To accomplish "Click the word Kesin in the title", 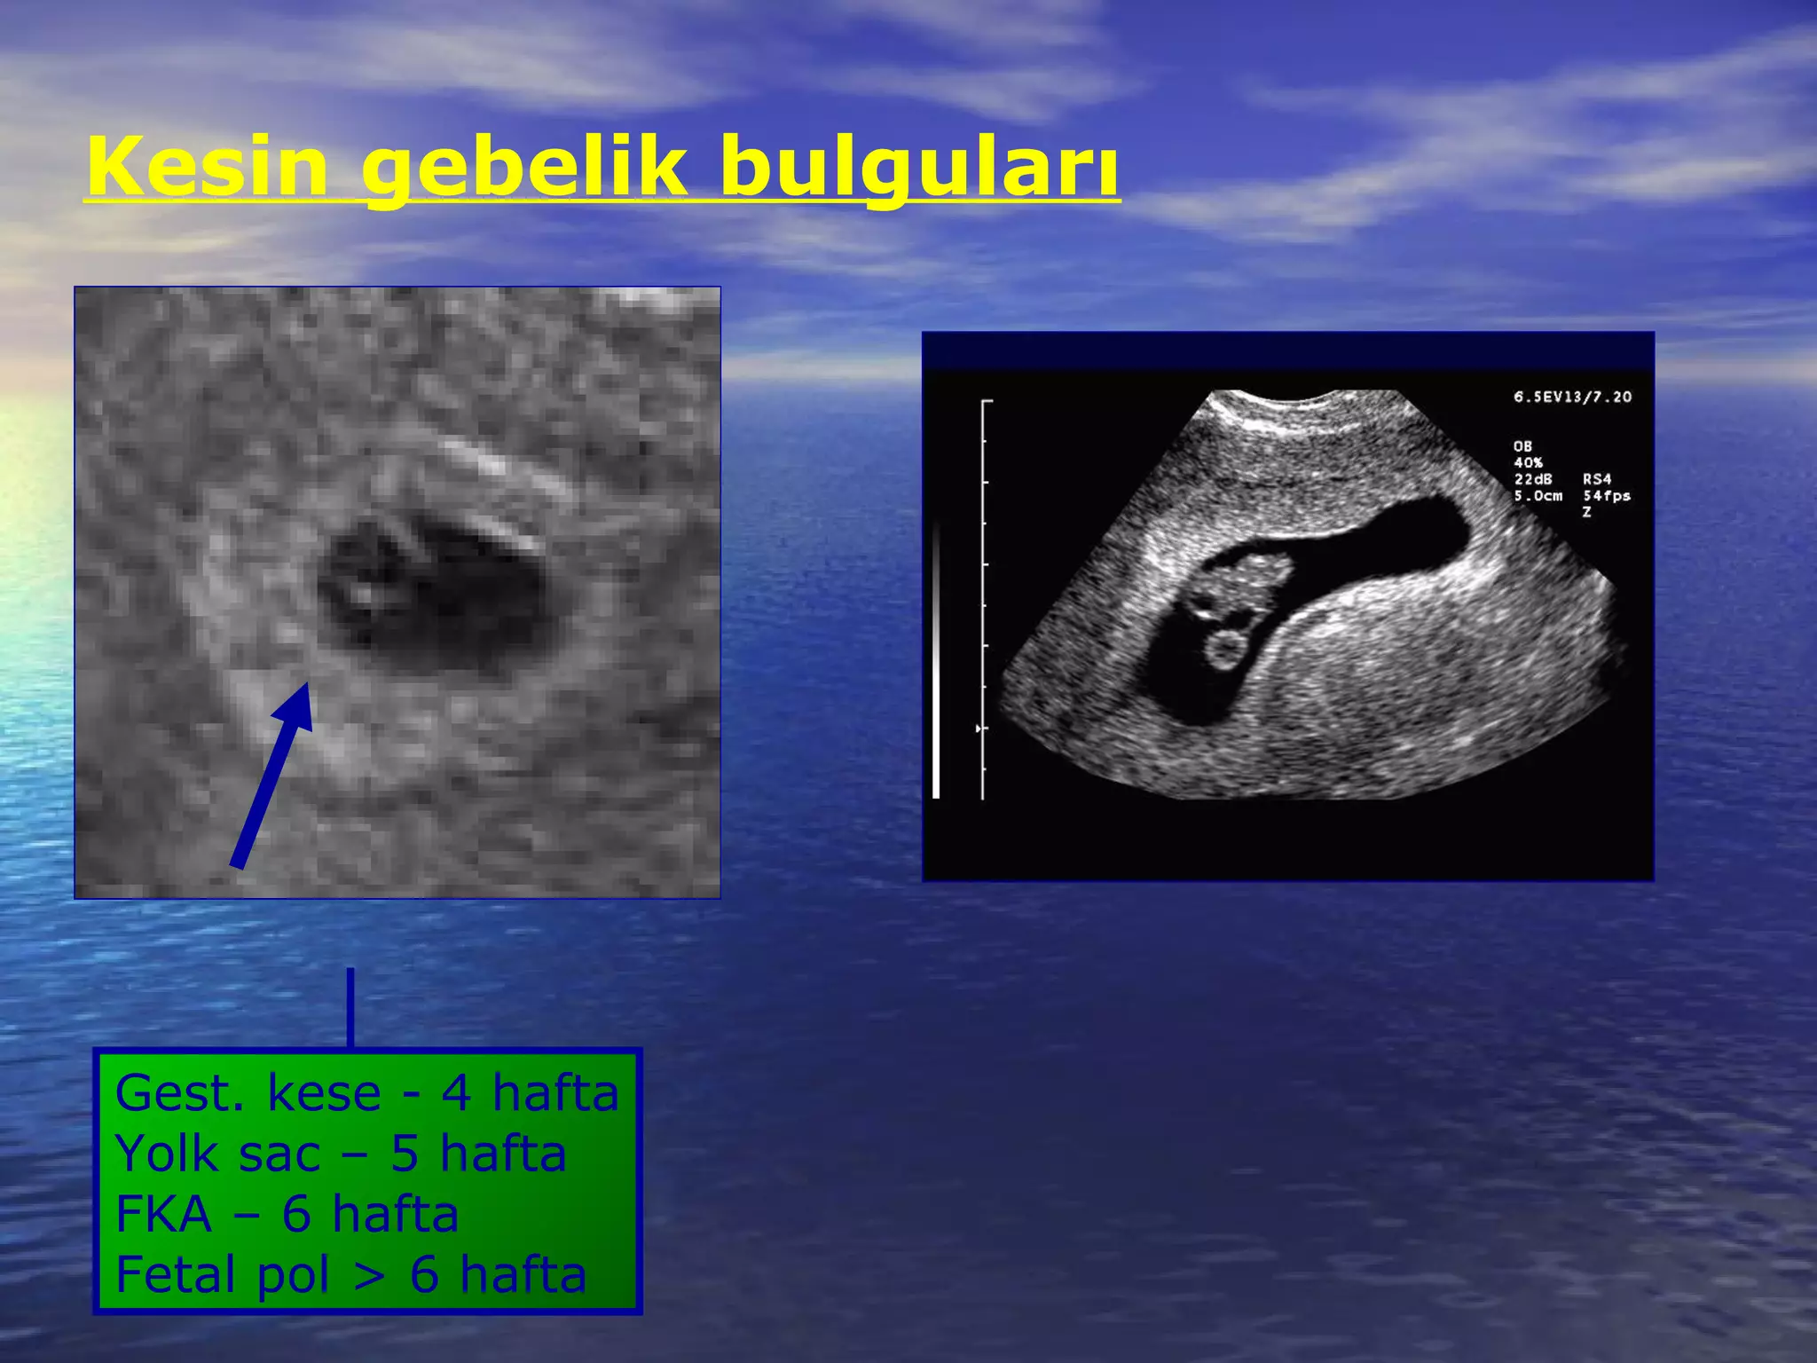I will click(x=208, y=167).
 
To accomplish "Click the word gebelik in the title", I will click(x=523, y=169).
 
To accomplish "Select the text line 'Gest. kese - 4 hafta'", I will click(x=366, y=1093).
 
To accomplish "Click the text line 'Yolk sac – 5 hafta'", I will click(x=341, y=1154).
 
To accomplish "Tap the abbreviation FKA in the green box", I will click(x=164, y=1214).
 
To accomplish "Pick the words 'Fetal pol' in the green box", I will click(x=222, y=1275).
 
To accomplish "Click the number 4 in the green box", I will click(x=456, y=1093).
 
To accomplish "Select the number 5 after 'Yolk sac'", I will click(x=405, y=1154).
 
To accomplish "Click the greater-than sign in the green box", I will click(x=369, y=1276).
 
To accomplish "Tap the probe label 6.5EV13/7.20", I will click(x=1572, y=397).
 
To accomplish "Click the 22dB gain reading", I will click(x=1532, y=479).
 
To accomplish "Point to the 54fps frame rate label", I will click(x=1606, y=496).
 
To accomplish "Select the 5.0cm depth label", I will click(x=1538, y=496).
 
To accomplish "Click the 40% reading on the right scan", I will click(x=1528, y=462).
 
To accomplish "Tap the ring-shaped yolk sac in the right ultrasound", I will click(x=1226, y=648).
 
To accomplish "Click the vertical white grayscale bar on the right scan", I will click(x=936, y=661).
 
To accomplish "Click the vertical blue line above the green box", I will click(x=350, y=1007).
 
